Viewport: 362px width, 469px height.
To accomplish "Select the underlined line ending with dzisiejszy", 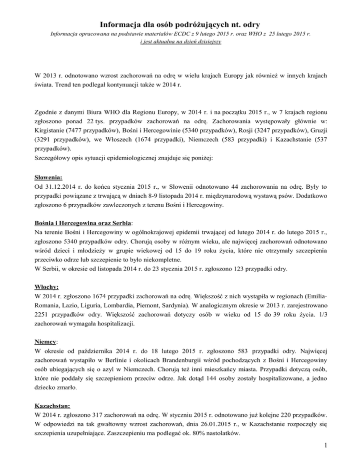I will (181, 42).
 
